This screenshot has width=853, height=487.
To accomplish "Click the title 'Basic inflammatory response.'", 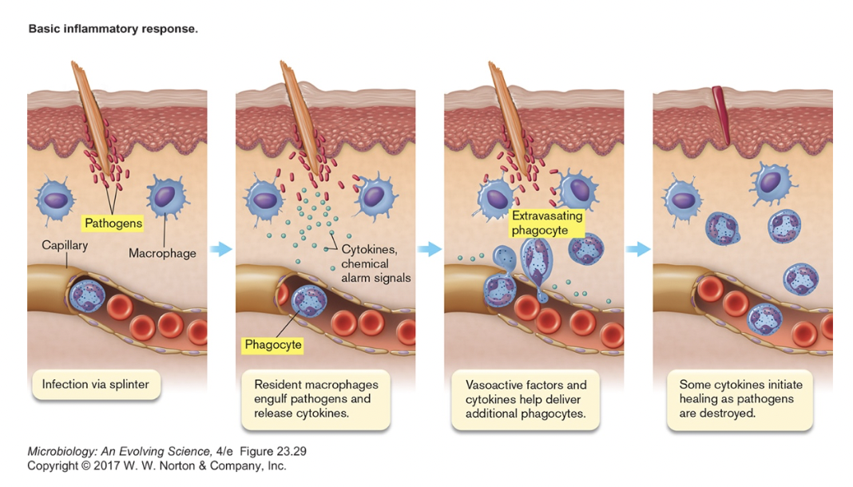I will [113, 29].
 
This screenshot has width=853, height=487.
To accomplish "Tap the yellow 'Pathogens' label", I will [113, 224].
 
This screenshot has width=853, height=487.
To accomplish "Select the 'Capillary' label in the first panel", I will [65, 246].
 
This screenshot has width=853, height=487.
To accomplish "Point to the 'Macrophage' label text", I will [162, 253].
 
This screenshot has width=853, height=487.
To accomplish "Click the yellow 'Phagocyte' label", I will [272, 346].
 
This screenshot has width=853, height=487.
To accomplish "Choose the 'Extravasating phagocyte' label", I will [547, 223].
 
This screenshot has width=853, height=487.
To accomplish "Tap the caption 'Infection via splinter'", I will [96, 385].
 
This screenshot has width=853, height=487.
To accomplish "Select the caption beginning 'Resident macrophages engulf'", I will [312, 398].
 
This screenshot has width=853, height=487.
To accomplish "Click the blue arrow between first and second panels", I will [220, 250].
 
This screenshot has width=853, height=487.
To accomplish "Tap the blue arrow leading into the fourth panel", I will [637, 250].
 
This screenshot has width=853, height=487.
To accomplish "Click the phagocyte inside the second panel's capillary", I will [307, 301].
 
